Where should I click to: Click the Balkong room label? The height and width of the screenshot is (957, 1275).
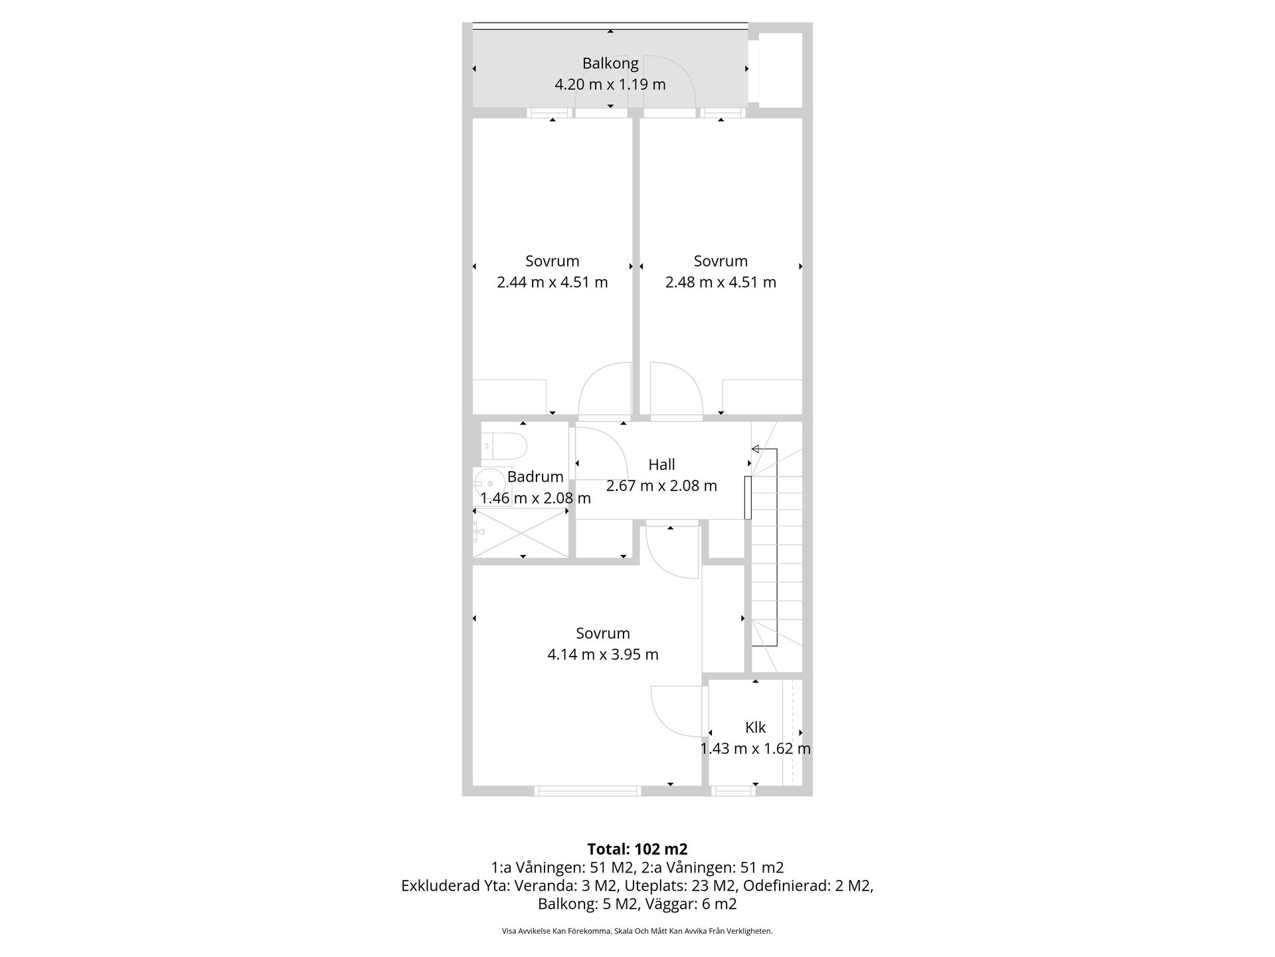pos(610,64)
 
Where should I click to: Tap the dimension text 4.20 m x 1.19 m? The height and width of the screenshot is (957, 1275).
pos(610,84)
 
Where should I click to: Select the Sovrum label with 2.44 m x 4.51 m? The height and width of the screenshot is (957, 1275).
pos(552,261)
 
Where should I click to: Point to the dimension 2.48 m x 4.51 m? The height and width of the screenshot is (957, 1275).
pos(721,282)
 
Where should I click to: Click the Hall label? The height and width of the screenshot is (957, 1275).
pos(661,465)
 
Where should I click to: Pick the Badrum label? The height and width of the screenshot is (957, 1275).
pos(535,477)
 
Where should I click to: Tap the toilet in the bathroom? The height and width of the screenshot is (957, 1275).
pos(503,445)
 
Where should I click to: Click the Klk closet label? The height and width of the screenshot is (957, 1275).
pos(756,728)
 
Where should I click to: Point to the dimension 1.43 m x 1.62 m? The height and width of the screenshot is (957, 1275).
pos(756,748)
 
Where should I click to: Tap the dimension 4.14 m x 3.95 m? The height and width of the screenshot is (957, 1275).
pos(603,655)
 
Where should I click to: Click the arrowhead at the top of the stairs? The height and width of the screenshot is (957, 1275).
pos(755,449)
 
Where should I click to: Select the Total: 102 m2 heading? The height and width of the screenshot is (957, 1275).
pos(637,849)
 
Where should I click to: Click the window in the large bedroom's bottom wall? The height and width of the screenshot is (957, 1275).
pos(588,791)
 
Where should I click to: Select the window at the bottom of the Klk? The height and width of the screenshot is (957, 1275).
pos(733,791)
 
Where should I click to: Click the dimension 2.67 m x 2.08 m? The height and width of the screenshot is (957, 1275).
pos(661,486)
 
